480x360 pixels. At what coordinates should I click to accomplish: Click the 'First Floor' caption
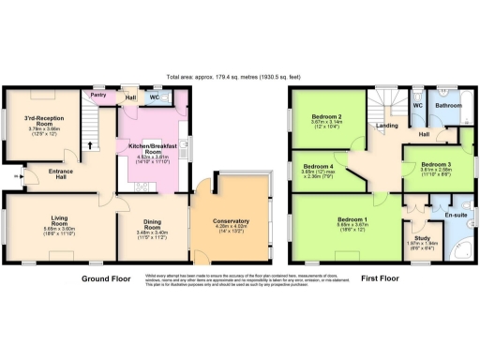381,278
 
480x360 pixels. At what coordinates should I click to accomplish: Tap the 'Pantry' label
97,95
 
